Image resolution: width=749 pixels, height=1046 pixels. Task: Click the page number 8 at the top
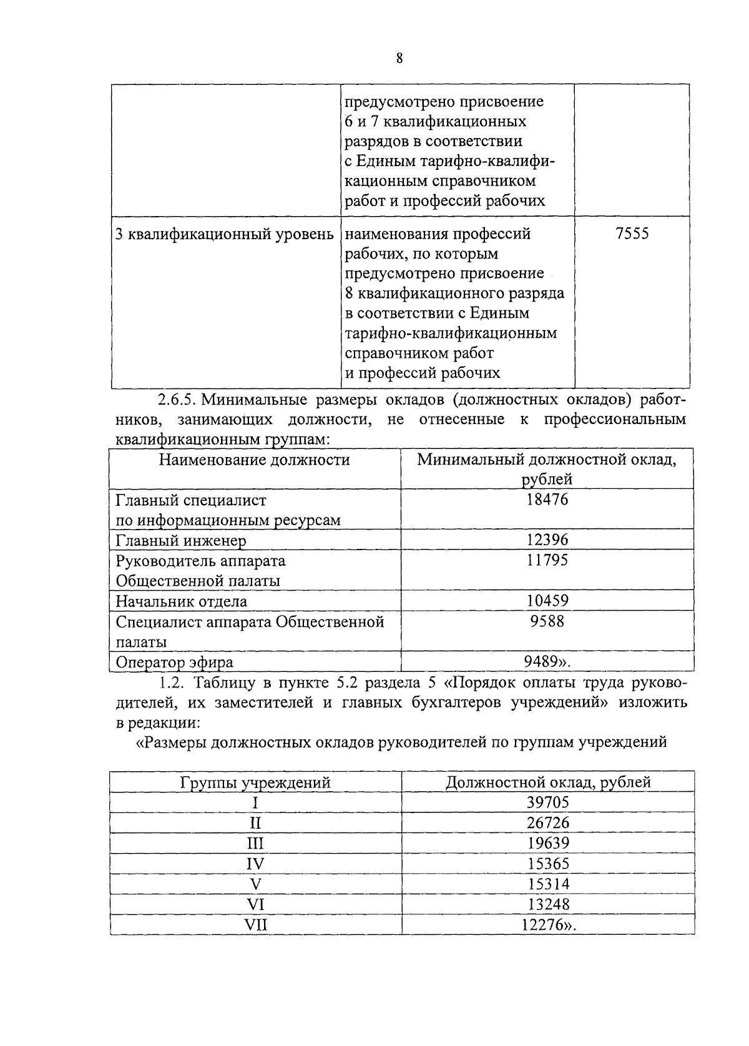point(399,59)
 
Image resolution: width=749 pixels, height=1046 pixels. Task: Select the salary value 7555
point(632,234)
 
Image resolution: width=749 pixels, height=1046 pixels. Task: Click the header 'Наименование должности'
point(255,460)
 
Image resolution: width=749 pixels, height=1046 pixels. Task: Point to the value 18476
point(547,500)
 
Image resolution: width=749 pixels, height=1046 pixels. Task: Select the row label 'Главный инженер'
point(181,541)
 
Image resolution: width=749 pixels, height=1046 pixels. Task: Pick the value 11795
point(547,560)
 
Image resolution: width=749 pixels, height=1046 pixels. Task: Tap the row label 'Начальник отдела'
point(182,601)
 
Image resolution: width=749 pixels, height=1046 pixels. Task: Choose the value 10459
point(547,601)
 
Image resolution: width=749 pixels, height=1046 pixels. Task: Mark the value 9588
point(547,621)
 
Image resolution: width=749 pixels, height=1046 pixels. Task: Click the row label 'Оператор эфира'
point(175,662)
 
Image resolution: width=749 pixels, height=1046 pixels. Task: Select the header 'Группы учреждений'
point(255,782)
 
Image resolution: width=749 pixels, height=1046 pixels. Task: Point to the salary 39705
point(547,802)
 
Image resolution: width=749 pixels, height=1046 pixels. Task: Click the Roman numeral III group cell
point(255,844)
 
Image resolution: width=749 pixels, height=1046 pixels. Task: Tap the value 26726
point(547,823)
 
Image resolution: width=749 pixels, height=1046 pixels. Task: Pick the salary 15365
point(547,864)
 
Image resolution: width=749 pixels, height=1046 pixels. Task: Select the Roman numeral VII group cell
point(255,925)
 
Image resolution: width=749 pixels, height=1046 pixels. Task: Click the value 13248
point(547,904)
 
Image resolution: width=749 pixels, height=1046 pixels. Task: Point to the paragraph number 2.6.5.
point(177,399)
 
